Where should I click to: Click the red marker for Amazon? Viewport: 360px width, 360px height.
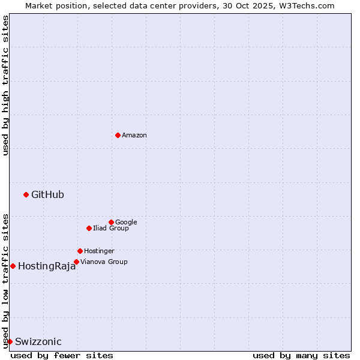point(118,135)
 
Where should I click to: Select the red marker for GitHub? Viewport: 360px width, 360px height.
point(26,194)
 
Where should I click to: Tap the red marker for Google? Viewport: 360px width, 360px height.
point(111,222)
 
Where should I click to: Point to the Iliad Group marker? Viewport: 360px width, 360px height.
point(89,228)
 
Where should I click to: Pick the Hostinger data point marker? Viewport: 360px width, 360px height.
point(80,251)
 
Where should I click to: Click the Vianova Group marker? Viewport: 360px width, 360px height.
point(76,262)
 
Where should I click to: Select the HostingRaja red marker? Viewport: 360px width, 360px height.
point(13,266)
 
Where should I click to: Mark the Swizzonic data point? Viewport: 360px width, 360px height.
point(10,341)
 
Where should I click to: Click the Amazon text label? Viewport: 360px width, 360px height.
point(134,136)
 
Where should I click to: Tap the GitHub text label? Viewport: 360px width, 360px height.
point(47,194)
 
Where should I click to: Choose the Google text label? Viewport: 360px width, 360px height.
point(126,223)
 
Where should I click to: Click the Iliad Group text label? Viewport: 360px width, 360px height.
point(111,229)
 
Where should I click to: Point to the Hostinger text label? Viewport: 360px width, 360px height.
point(99,251)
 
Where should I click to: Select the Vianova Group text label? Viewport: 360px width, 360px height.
point(104,262)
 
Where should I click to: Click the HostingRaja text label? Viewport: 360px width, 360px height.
point(47,266)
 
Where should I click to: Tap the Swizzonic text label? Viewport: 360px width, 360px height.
point(38,342)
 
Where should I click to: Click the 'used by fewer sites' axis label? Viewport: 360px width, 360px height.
point(62,355)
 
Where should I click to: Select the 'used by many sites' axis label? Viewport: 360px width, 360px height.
point(301,355)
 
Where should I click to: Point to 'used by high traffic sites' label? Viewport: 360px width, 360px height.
point(5,86)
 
